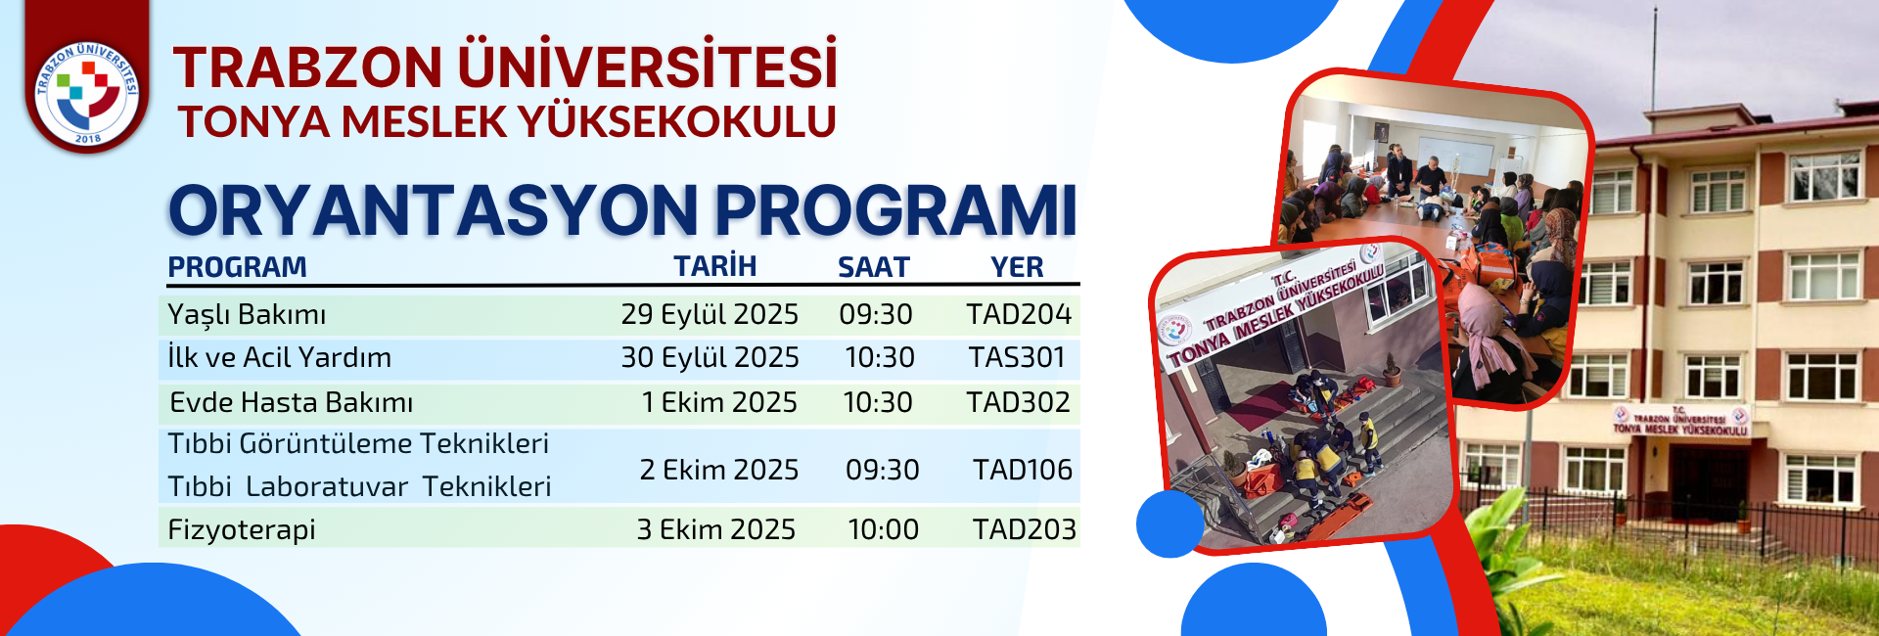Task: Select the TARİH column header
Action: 715,266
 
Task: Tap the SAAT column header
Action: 874,267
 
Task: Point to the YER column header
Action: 1017,267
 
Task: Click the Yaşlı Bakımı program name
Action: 247,315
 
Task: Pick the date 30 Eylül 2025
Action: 710,358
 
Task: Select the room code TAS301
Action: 1017,358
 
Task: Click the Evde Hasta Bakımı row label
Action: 292,402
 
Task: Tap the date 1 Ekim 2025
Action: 719,402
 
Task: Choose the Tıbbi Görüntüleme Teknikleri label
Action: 358,443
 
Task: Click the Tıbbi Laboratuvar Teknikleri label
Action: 359,486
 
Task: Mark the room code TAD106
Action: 1023,470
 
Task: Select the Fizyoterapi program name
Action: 242,530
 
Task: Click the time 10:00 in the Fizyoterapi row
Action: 884,529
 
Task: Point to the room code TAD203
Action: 1025,529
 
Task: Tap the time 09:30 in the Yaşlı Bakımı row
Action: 876,314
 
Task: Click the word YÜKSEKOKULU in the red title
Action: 677,122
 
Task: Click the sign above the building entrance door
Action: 1679,422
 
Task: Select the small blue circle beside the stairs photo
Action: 1170,524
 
